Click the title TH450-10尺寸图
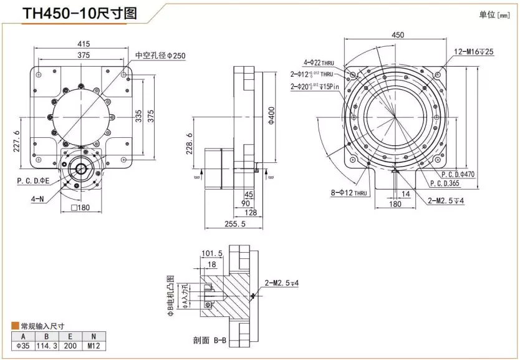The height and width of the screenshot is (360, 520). tap(80, 14)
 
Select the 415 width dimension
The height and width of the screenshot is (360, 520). tap(84, 44)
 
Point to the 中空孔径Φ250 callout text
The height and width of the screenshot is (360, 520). tap(160, 56)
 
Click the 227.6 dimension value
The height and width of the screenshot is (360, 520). tap(17, 141)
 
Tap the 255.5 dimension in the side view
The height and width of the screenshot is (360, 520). tap(234, 223)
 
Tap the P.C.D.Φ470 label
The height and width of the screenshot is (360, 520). tap(458, 175)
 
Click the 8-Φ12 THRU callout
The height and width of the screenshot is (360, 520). tap(349, 193)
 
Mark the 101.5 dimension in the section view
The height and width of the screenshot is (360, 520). tap(213, 253)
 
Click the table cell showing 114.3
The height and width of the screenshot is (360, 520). tap(43, 346)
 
